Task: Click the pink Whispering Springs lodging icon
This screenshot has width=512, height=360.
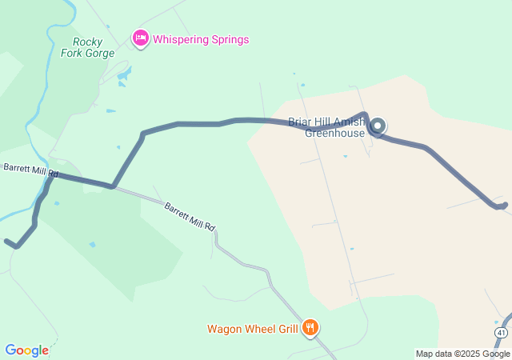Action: coord(141,38)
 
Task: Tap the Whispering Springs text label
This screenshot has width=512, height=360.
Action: coord(201,39)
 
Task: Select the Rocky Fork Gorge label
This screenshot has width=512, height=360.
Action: coord(88,47)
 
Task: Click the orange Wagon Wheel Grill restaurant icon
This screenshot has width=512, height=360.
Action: coord(310,327)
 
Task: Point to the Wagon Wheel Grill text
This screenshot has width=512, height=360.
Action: coord(252,328)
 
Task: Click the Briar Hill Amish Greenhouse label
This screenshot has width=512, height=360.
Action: coord(327,127)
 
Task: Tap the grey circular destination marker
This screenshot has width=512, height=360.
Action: coord(377,126)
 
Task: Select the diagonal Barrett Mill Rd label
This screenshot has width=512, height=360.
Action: coord(190,216)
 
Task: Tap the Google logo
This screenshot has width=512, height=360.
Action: coord(26,350)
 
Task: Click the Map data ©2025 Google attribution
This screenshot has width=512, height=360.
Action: coord(462,354)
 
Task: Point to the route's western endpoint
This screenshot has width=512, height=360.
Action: coord(6,240)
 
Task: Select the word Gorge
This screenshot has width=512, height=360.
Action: coord(98,54)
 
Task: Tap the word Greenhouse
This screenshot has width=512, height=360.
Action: coord(334,133)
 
